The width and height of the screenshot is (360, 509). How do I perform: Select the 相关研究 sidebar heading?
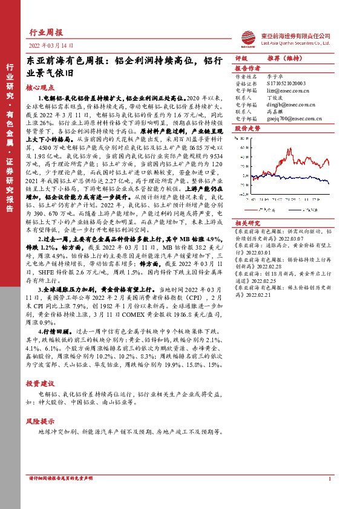(247, 222)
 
